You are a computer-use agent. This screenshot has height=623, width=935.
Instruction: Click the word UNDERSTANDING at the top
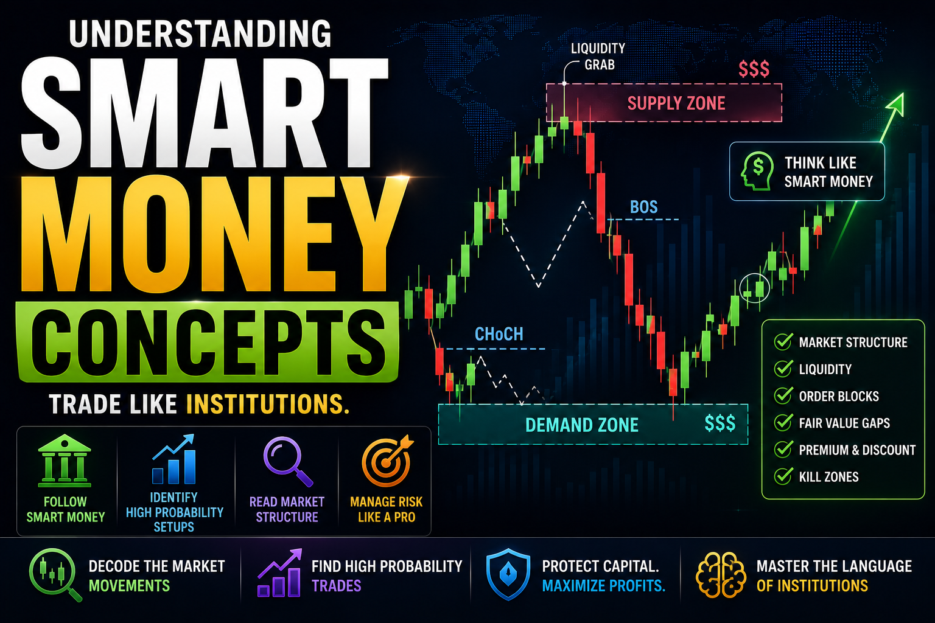(x=200, y=33)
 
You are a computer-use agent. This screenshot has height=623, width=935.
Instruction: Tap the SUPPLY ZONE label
(x=676, y=103)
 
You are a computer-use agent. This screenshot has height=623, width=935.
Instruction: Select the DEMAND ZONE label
(x=582, y=425)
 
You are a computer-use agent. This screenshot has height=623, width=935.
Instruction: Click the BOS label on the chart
(x=643, y=207)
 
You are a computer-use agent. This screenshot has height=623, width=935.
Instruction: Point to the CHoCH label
(x=499, y=334)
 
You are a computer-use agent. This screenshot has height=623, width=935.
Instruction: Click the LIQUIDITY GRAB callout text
(x=598, y=57)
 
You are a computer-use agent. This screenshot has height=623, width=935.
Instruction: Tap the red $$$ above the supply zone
(x=754, y=69)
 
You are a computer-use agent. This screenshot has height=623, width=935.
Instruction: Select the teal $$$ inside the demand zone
(x=720, y=423)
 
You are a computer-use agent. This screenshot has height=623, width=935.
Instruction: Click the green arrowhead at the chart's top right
(x=897, y=103)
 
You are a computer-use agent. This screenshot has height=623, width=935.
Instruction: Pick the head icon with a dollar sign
(x=757, y=171)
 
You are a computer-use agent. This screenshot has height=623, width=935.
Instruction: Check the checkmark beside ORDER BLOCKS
(x=783, y=395)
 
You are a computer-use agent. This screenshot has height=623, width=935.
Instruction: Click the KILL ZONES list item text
(x=828, y=476)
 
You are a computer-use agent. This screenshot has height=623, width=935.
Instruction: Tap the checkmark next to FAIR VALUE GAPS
(x=783, y=422)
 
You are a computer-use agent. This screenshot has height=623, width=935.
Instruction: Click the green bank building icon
(x=65, y=461)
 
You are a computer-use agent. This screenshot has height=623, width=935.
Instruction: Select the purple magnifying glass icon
(x=288, y=461)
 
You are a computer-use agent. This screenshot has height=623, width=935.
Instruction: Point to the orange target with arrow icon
(x=388, y=461)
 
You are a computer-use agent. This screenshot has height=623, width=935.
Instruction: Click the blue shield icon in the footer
(x=508, y=574)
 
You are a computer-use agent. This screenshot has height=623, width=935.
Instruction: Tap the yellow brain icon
(x=721, y=575)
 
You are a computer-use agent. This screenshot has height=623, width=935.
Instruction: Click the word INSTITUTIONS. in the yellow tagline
(x=268, y=404)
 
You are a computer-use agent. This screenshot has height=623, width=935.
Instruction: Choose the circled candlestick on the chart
(x=755, y=288)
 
